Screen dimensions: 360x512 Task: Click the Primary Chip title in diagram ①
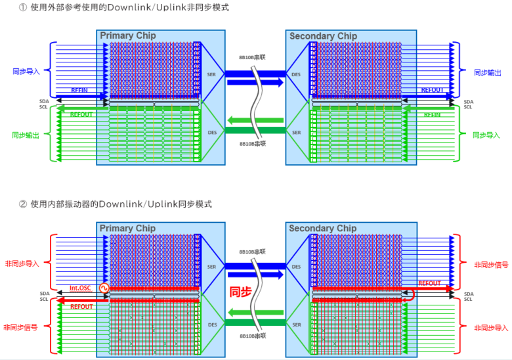point(128,35)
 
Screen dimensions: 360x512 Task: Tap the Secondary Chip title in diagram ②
point(322,229)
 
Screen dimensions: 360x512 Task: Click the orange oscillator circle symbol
point(103,288)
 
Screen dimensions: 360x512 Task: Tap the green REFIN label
point(432,114)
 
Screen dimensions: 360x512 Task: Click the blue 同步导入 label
point(26,72)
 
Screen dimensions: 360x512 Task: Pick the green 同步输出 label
point(26,135)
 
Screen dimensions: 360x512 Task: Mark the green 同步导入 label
point(487,135)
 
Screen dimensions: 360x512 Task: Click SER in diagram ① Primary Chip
point(211,74)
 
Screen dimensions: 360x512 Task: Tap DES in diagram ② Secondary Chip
point(296,267)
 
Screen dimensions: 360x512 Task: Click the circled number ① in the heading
point(23,9)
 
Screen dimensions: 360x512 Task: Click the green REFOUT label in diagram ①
point(81,114)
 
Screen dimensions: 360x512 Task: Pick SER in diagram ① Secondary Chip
point(296,132)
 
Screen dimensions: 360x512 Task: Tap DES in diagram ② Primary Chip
point(211,325)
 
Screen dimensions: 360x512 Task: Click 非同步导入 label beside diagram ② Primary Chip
point(22,263)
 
